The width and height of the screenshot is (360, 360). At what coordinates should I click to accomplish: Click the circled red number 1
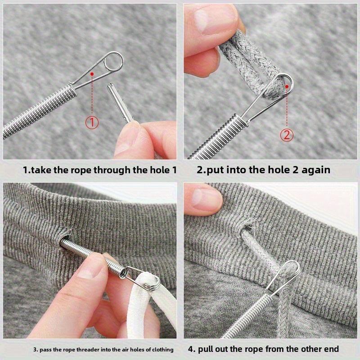[92, 121]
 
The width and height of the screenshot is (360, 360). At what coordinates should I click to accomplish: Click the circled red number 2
[287, 135]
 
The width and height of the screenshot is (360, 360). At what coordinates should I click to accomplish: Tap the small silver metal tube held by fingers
[120, 102]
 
